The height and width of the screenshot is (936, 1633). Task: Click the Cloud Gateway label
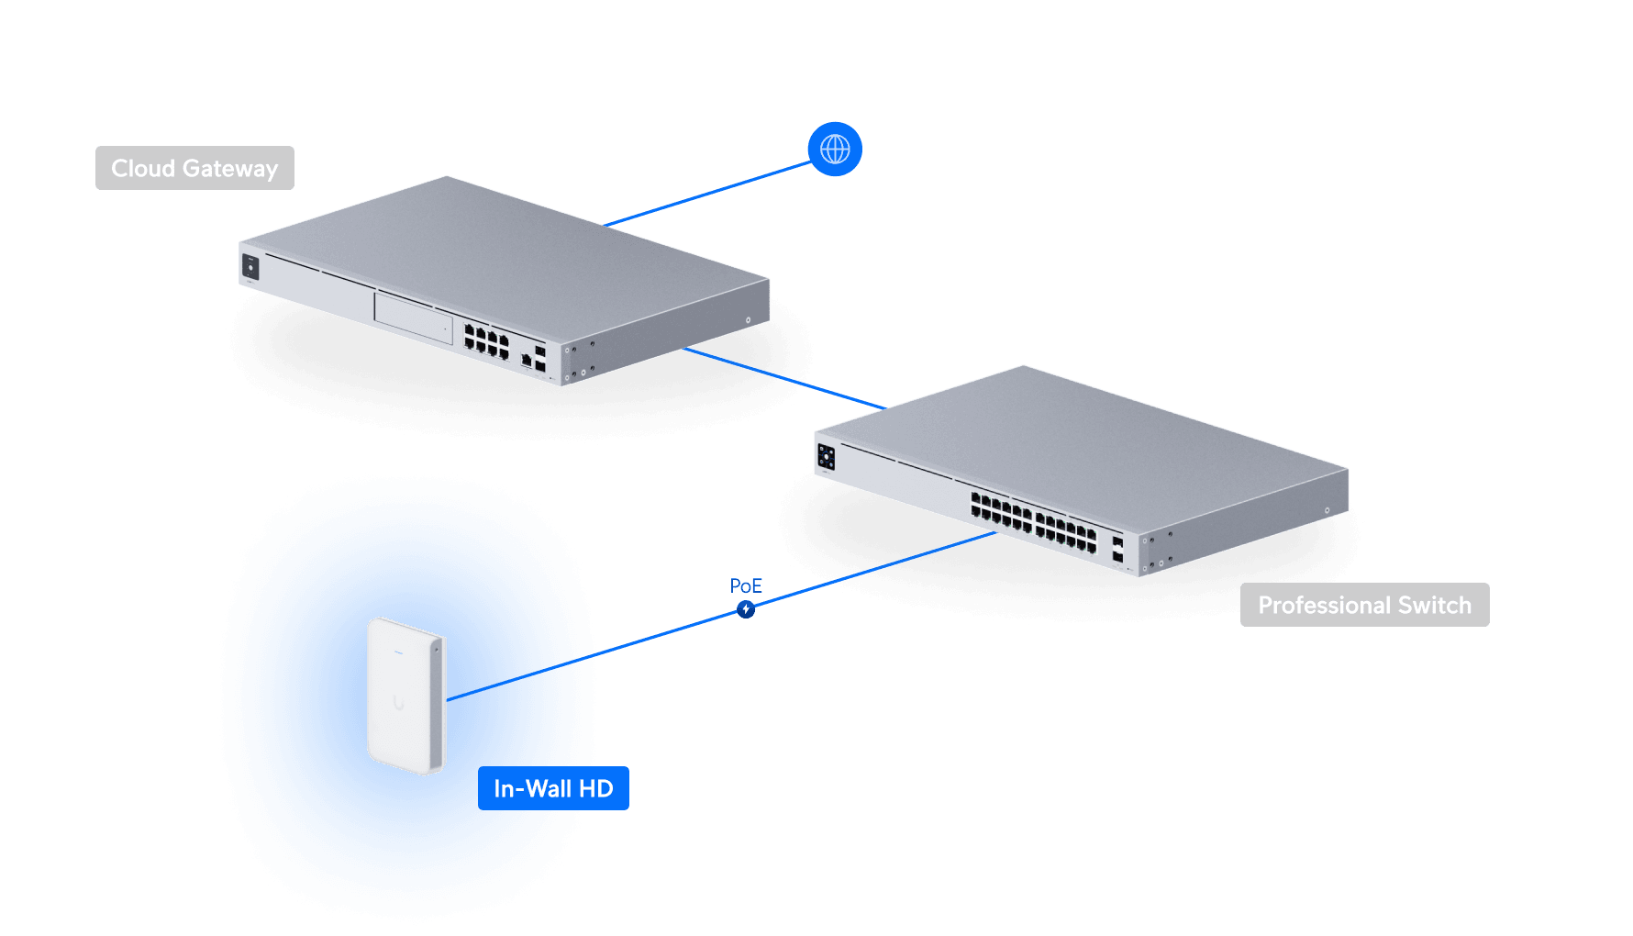pyautogui.click(x=194, y=168)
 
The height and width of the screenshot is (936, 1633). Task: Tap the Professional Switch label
pyautogui.click(x=1364, y=605)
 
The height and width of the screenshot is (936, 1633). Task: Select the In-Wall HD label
pyautogui.click(x=553, y=788)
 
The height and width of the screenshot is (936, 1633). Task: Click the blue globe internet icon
pyautogui.click(x=835, y=149)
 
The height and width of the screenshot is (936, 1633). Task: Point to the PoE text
pyautogui.click(x=746, y=585)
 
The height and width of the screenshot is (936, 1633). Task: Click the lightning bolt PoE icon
pyautogui.click(x=746, y=609)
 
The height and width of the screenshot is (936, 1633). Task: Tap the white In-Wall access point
pyautogui.click(x=406, y=696)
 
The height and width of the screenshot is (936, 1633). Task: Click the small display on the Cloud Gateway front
pyautogui.click(x=250, y=267)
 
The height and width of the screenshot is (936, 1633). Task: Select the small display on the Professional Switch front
pyautogui.click(x=826, y=456)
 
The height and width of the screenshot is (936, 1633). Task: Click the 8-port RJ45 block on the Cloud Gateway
pyautogui.click(x=486, y=341)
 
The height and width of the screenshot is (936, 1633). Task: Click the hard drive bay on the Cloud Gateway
pyautogui.click(x=414, y=318)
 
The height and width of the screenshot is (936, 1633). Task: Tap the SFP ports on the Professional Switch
pyautogui.click(x=1117, y=549)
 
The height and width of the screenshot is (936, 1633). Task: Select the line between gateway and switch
pyautogui.click(x=784, y=376)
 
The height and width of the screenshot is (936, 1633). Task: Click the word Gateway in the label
pyautogui.click(x=229, y=169)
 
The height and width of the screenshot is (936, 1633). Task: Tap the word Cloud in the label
pyautogui.click(x=143, y=169)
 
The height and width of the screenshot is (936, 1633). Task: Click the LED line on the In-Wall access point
pyautogui.click(x=399, y=652)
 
